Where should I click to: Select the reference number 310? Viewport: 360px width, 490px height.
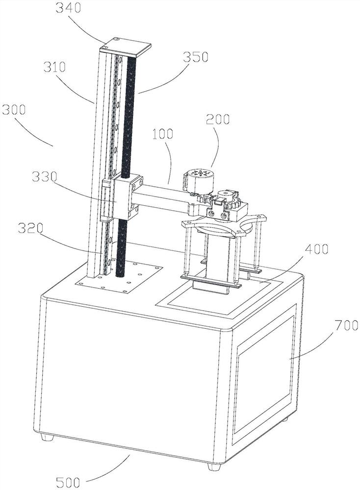pyautogui.click(x=54, y=67)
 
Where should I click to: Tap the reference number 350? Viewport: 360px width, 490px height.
pyautogui.click(x=195, y=57)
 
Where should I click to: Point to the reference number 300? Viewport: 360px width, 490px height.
pyautogui.click(x=13, y=110)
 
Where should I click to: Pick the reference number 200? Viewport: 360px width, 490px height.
pyautogui.click(x=217, y=119)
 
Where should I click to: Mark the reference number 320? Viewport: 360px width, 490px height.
pyautogui.click(x=30, y=229)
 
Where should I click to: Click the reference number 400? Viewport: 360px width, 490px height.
pyautogui.click(x=316, y=249)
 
